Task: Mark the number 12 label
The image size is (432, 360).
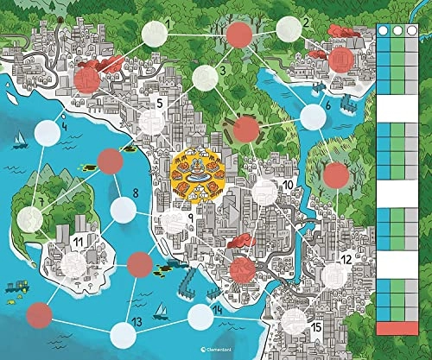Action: click(345, 258)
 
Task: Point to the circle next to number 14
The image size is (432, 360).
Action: click(200, 317)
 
